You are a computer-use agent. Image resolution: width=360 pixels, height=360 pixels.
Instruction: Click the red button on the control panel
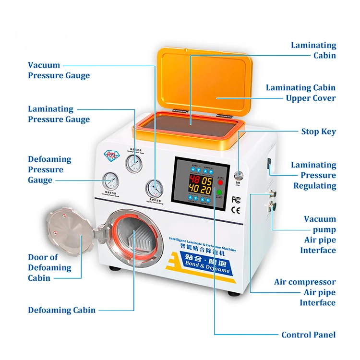tap(220, 182)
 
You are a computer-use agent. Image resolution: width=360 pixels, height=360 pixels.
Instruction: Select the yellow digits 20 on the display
tap(206, 191)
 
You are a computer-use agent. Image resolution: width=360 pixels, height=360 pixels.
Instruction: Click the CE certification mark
tap(236, 209)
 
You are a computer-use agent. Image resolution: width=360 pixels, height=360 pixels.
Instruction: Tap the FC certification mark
tap(236, 199)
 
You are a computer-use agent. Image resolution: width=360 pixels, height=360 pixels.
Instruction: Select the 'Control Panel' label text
tap(308, 335)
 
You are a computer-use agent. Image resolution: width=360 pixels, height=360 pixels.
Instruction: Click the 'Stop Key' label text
tap(318, 132)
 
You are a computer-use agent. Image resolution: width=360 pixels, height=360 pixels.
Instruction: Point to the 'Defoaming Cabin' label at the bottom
tap(61, 310)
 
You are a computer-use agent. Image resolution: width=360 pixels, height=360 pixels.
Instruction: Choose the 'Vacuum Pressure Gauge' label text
tap(59, 70)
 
